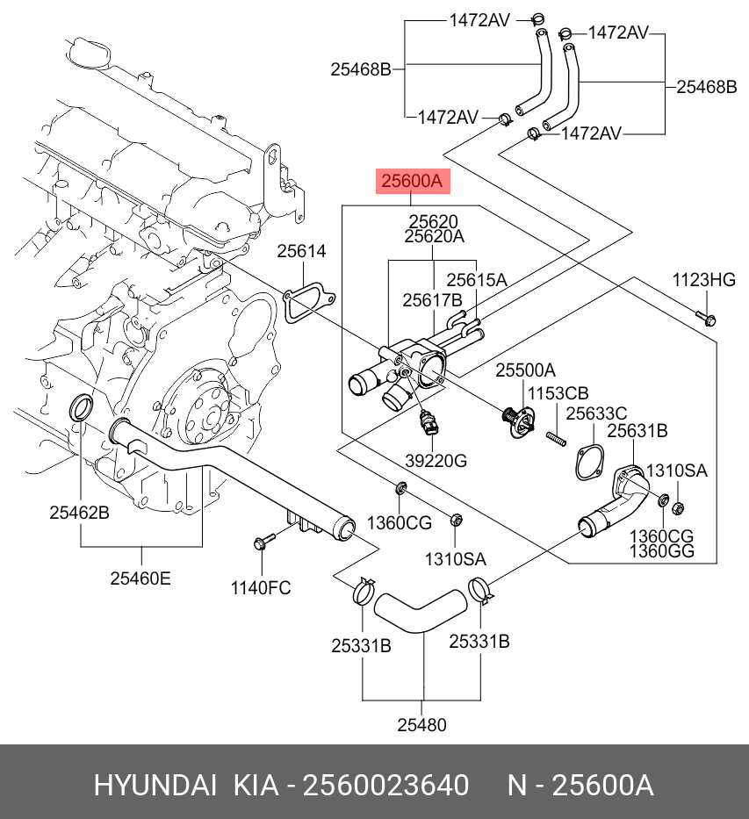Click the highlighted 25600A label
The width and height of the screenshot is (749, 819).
pyautogui.click(x=413, y=181)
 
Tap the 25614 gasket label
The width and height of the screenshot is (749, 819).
pyautogui.click(x=301, y=251)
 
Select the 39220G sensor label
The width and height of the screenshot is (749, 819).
pyautogui.click(x=436, y=461)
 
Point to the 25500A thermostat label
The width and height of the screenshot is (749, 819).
pyautogui.click(x=525, y=370)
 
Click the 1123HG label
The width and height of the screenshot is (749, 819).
pyautogui.click(x=703, y=280)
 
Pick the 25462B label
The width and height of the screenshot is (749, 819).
pyautogui.click(x=79, y=513)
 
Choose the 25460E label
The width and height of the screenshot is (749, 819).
pyautogui.click(x=140, y=578)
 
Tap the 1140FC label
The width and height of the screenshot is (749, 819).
pyautogui.click(x=261, y=588)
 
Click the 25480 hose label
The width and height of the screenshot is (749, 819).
pyautogui.click(x=422, y=725)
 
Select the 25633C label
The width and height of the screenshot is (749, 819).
pyautogui.click(x=596, y=413)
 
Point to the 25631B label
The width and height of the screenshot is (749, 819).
pyautogui.click(x=637, y=431)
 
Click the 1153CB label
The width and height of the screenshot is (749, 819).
pyautogui.click(x=558, y=392)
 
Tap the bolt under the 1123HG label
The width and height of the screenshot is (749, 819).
pyautogui.click(x=706, y=318)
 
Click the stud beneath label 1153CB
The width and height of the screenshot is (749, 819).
pyautogui.click(x=557, y=439)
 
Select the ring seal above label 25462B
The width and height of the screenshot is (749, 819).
pyautogui.click(x=82, y=407)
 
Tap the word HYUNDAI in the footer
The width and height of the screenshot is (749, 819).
pyautogui.click(x=155, y=786)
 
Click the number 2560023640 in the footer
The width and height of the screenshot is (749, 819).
pyautogui.click(x=386, y=786)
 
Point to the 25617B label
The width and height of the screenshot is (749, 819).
pyautogui.click(x=433, y=300)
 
